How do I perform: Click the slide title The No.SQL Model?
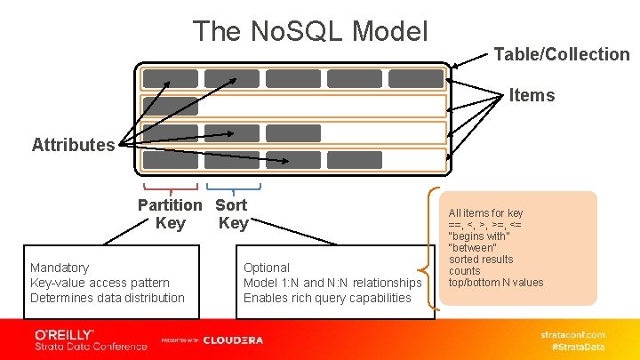point(311,32)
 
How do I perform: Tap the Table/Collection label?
point(562,54)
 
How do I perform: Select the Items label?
point(532,95)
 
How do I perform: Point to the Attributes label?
point(73,145)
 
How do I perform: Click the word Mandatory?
point(60,268)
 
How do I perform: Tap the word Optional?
point(267,268)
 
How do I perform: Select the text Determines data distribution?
point(108,298)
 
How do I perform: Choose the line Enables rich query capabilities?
point(327,298)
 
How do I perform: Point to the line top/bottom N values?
point(496,283)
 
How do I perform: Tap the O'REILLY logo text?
point(64,333)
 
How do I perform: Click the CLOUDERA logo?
point(233,340)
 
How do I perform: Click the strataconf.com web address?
point(573,334)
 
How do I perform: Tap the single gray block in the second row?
point(172,106)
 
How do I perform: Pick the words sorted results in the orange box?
point(481,260)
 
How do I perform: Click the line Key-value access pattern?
point(100,283)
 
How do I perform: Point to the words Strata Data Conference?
point(91,346)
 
